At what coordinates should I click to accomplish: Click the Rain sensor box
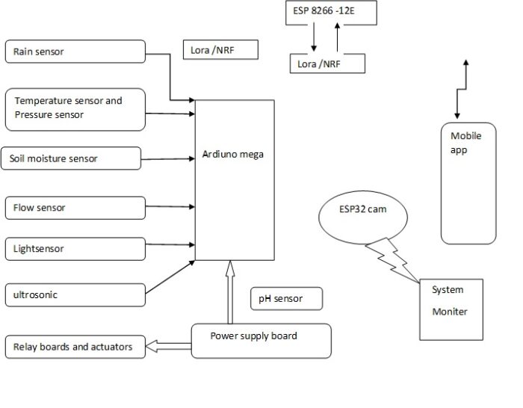pyautogui.click(x=75, y=52)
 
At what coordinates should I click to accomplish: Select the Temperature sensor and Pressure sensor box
pyautogui.click(x=75, y=109)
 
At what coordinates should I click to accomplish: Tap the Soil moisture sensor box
pyautogui.click(x=70, y=158)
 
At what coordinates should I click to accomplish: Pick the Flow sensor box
pyautogui.click(x=75, y=208)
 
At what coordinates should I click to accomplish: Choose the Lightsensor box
pyautogui.click(x=75, y=249)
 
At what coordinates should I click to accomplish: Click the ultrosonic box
pyautogui.click(x=75, y=294)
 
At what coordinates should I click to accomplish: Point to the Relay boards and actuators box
pyautogui.click(x=75, y=347)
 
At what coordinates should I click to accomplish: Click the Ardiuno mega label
pyautogui.click(x=233, y=155)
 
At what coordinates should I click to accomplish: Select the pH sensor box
pyautogui.click(x=287, y=299)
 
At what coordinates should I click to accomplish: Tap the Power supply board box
pyautogui.click(x=261, y=340)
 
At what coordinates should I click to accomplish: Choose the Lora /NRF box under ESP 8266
pyautogui.click(x=327, y=64)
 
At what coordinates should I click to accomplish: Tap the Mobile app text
pyautogui.click(x=465, y=143)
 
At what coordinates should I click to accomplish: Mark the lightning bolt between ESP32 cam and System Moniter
pyautogui.click(x=392, y=260)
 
